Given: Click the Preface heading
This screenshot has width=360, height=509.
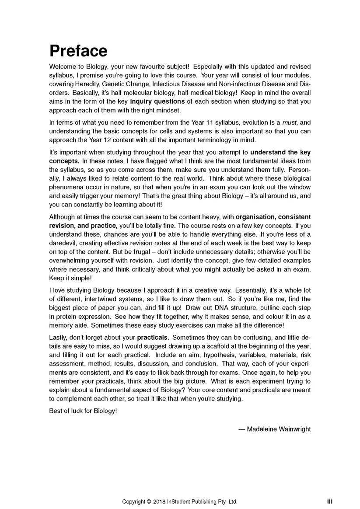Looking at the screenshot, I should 78,51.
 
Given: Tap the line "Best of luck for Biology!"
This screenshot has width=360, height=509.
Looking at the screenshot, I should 83,411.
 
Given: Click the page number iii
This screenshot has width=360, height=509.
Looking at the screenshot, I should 329,502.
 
